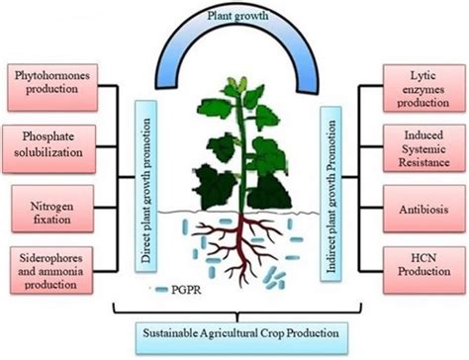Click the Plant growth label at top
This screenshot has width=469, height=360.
234,15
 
